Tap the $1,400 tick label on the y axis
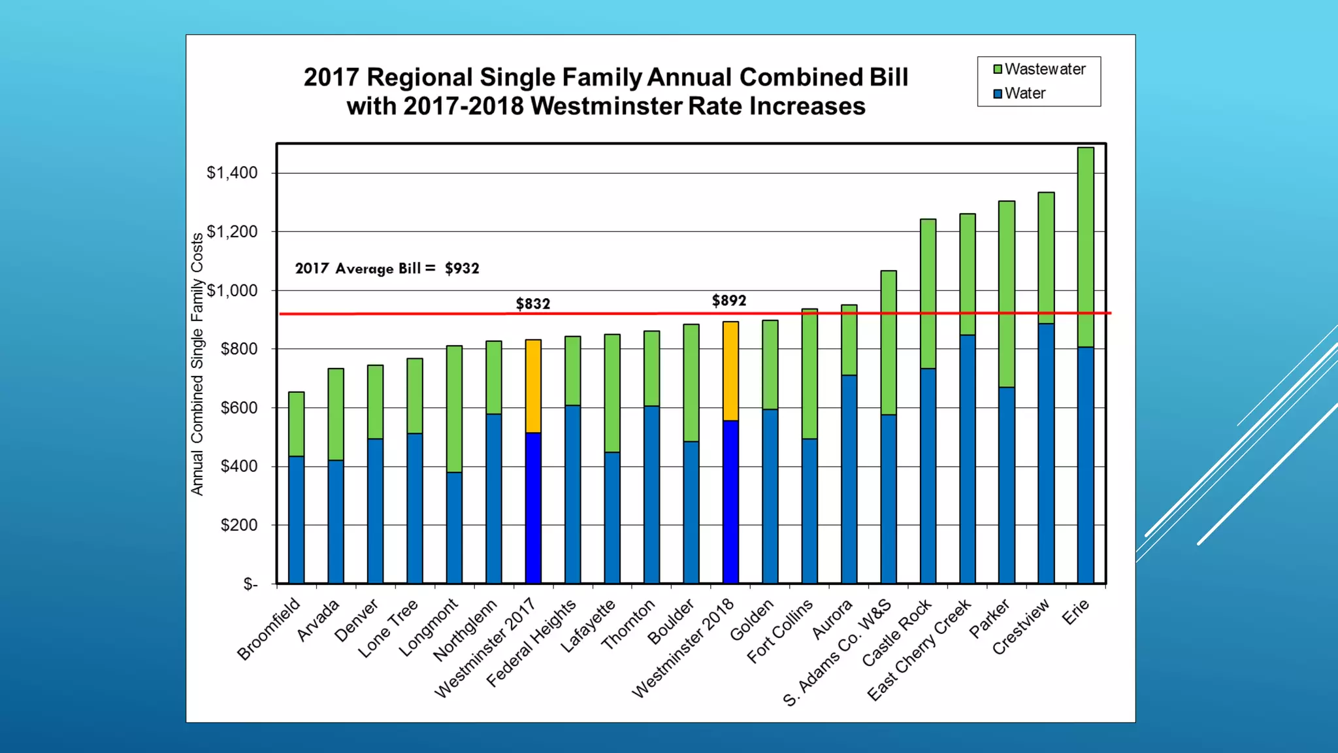[232, 173]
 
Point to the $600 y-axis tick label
[238, 408]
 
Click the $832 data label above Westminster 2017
[533, 304]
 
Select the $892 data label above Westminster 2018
[729, 301]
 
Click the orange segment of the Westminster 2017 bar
[533, 386]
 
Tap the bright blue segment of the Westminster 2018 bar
[730, 501]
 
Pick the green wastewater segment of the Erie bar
[1085, 247]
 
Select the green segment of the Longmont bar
[454, 409]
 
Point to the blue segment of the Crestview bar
[1046, 453]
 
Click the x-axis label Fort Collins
[780, 630]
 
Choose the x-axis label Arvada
[318, 620]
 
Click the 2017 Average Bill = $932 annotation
[387, 269]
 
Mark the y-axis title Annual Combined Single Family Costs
[197, 364]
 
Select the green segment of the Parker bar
[1007, 294]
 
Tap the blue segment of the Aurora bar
[849, 479]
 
